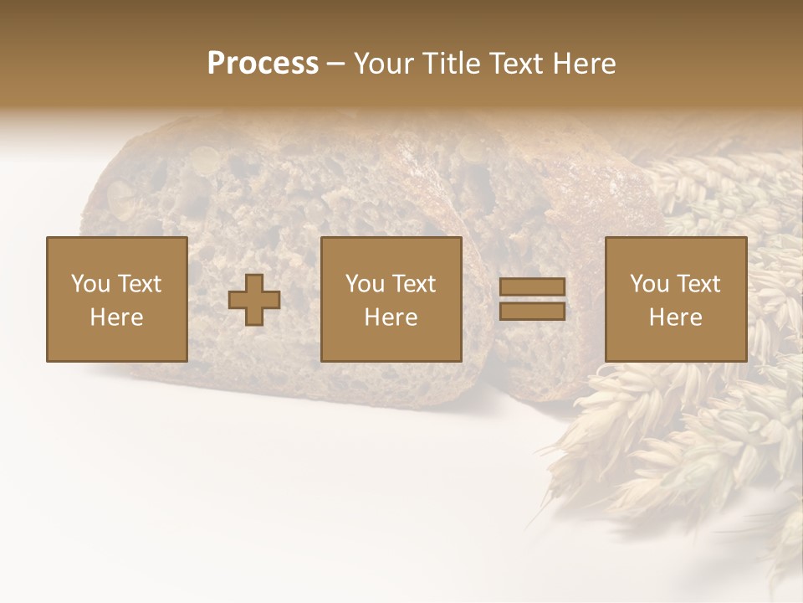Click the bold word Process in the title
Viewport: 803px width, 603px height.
(263, 64)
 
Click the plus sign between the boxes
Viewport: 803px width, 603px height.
(254, 300)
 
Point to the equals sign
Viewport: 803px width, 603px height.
(532, 299)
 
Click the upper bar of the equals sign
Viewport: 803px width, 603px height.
(532, 287)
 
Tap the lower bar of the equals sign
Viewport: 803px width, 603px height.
(532, 311)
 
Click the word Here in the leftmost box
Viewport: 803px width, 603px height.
(117, 317)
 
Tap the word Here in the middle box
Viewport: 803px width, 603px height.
(391, 317)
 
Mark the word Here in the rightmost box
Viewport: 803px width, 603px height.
(676, 317)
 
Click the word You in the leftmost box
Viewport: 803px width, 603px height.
(90, 284)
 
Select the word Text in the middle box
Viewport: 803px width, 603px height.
(413, 284)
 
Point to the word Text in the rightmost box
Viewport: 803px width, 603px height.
(698, 284)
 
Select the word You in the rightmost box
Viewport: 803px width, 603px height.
(649, 284)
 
